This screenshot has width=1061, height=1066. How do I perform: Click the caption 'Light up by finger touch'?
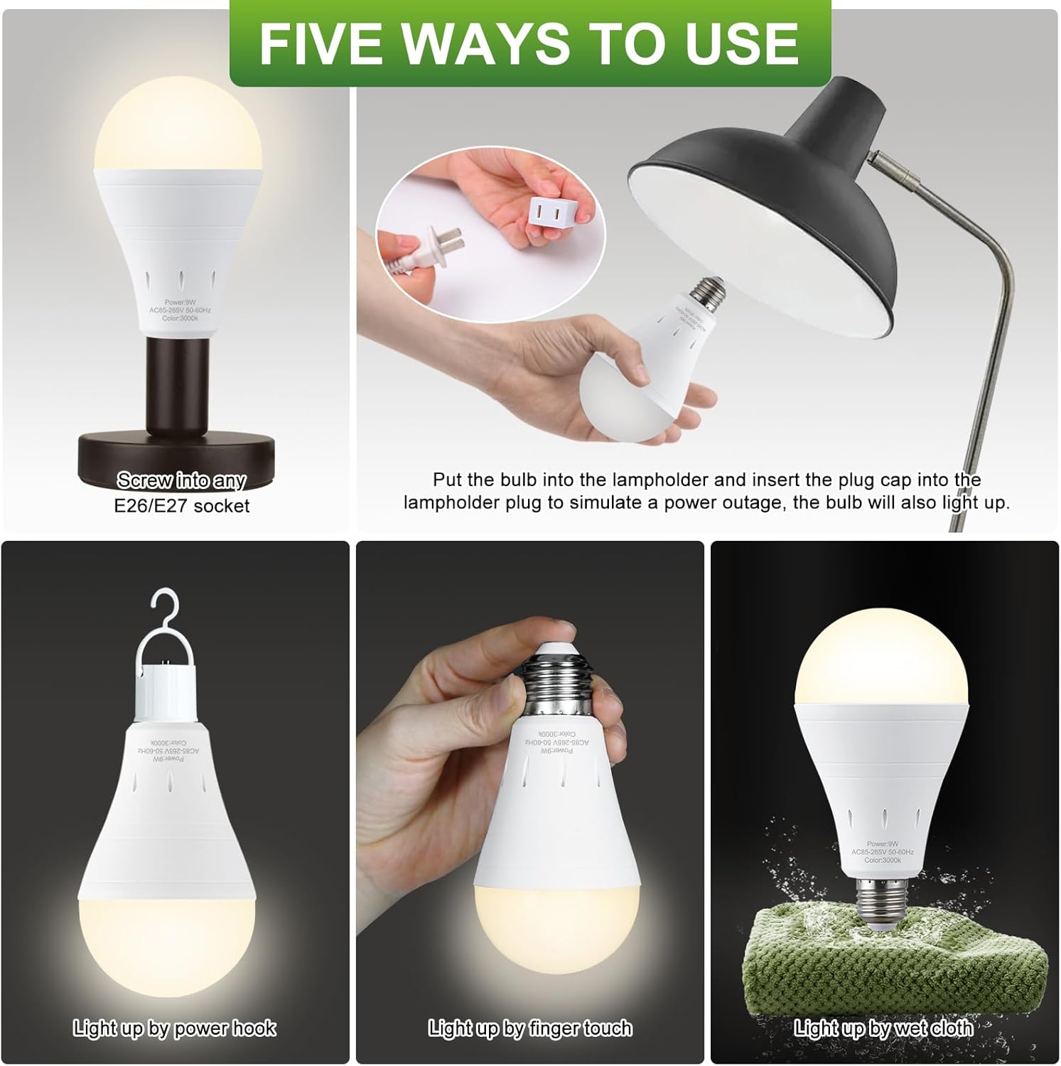click(529, 1028)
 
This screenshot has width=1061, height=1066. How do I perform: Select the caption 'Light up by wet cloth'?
click(883, 1028)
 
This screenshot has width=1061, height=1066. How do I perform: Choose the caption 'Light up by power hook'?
click(174, 1028)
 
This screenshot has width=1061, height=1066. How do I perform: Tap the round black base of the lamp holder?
click(174, 455)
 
